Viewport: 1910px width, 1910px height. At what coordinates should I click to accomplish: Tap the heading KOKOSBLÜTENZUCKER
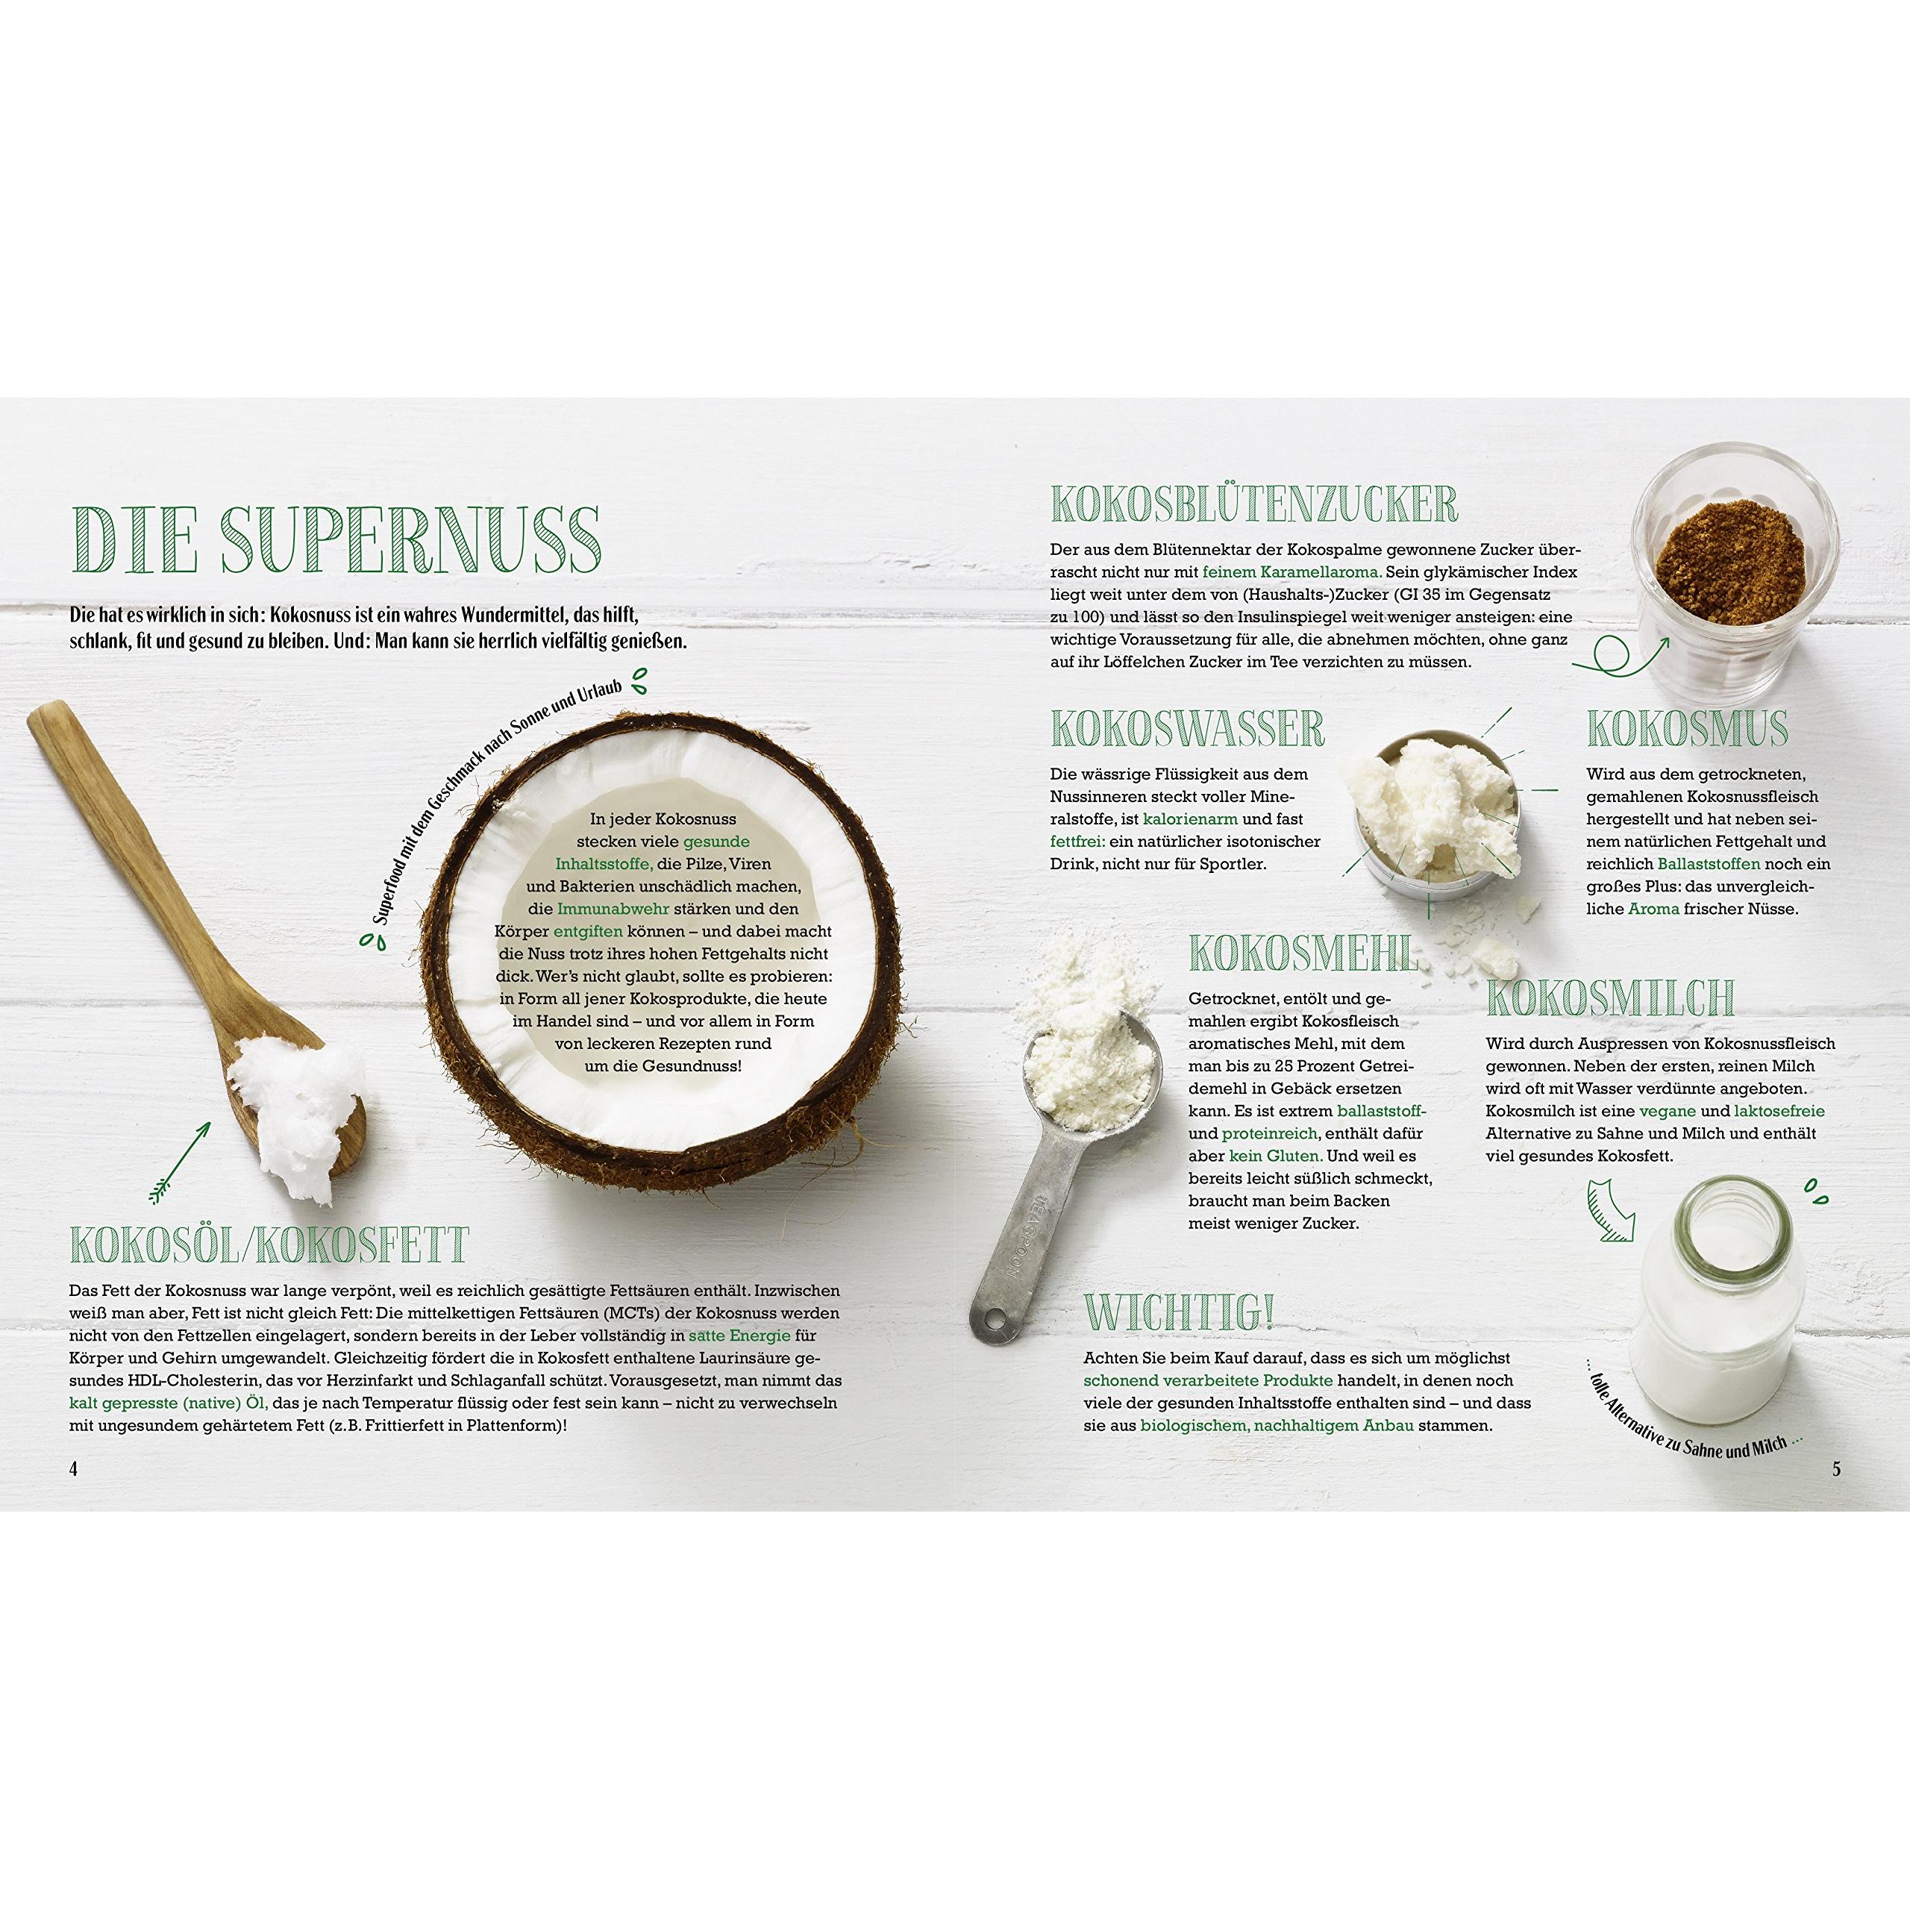point(1253,505)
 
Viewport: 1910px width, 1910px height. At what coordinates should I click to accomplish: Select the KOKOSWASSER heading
point(1186,730)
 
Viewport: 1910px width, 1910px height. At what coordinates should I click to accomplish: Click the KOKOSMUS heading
point(1688,730)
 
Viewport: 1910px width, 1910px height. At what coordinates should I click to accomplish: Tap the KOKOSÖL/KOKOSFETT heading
point(269,1246)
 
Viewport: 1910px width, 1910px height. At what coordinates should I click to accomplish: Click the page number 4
point(73,1469)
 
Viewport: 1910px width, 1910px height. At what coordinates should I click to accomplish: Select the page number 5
point(1837,1469)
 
